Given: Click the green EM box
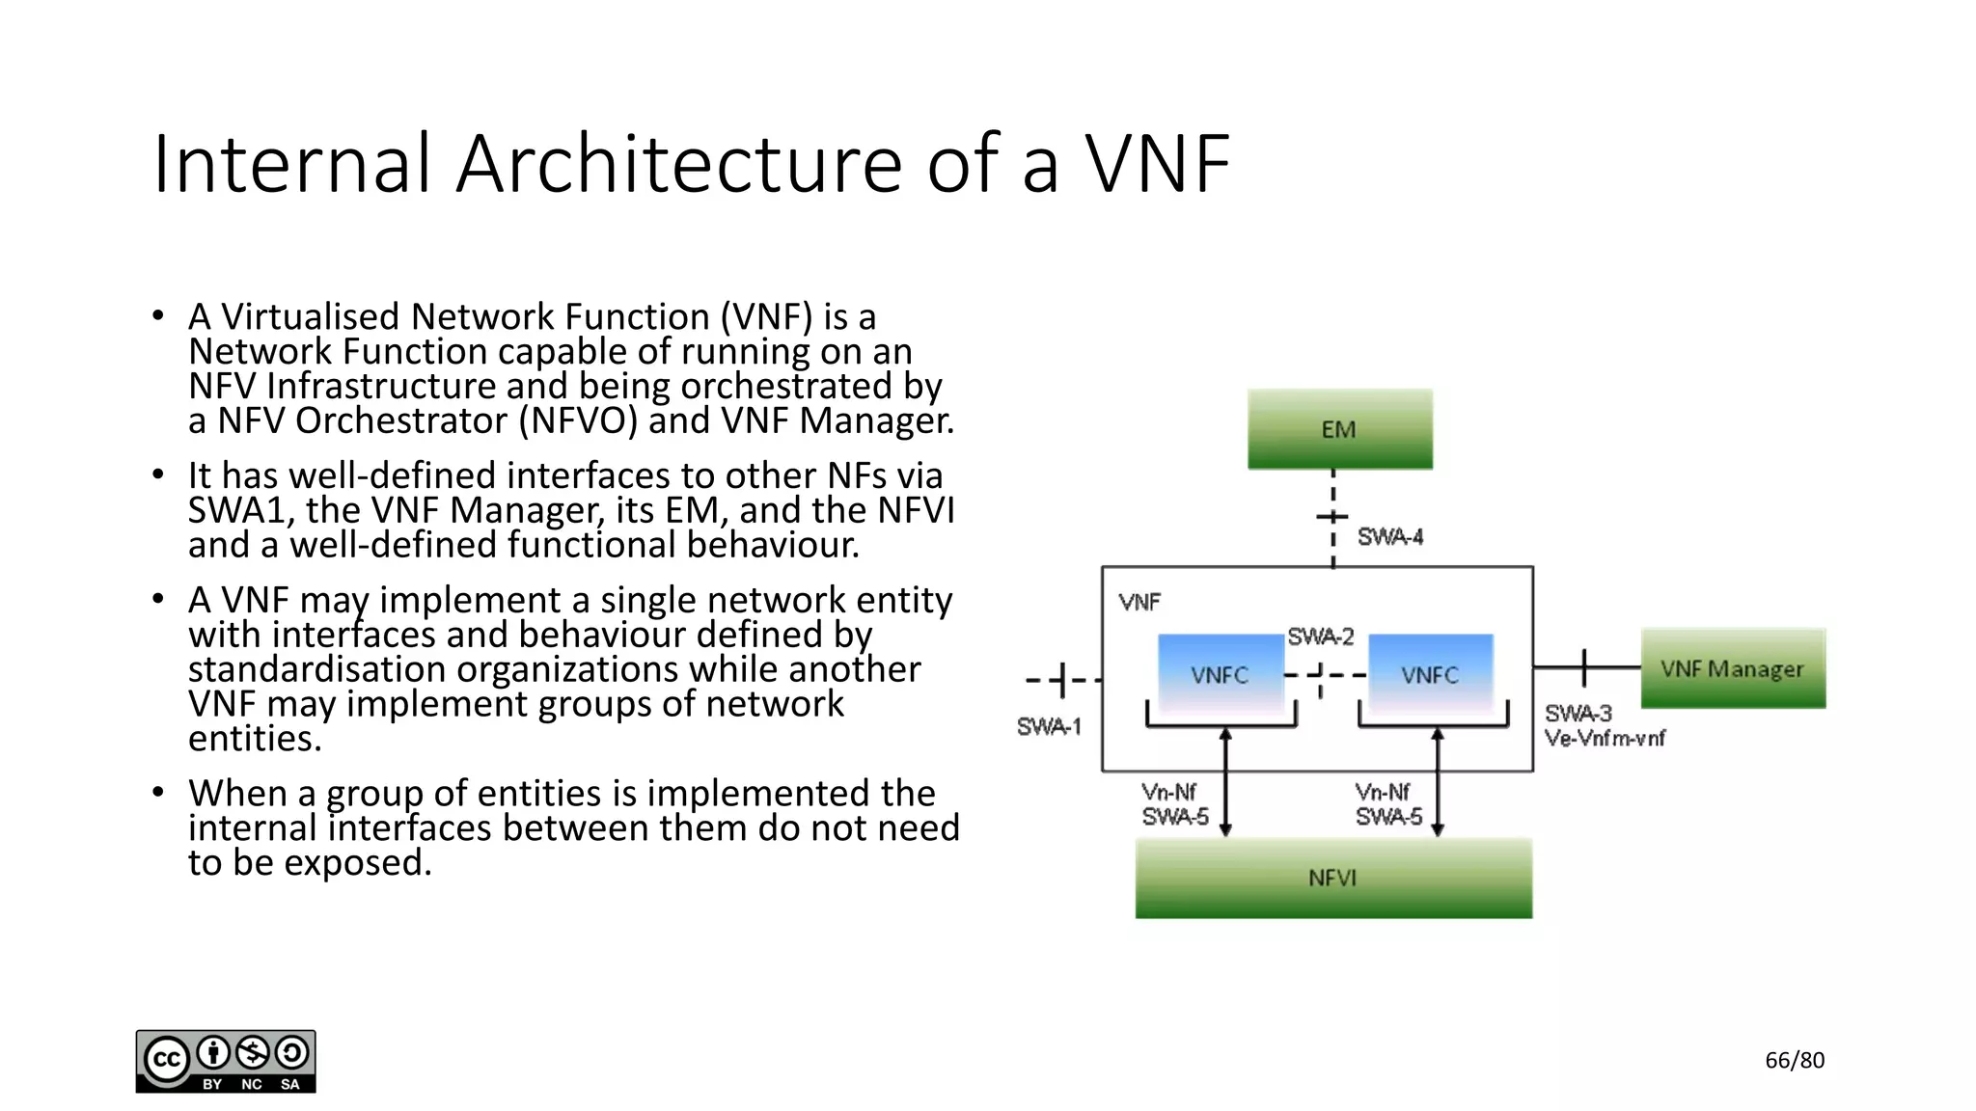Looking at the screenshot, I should pos(1339,429).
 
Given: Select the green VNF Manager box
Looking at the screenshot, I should pos(1733,668).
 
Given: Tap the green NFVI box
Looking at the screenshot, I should pos(1332,878).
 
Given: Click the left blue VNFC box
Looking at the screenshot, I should pos(1220,674).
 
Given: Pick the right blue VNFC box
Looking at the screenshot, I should pos(1430,674).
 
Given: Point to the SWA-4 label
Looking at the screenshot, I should pos(1389,537).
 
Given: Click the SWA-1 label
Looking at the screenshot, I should pos(1049,726).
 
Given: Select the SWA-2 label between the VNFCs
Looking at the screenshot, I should pos(1320,637).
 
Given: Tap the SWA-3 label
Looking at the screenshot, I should pos(1578,714).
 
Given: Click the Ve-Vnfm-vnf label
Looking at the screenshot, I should pos(1605,739).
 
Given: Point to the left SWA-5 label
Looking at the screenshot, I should pos(1175,817).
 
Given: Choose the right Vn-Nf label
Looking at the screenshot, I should pos(1382,792).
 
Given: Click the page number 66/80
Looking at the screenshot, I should pos(1795,1060).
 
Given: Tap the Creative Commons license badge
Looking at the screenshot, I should pos(226,1061).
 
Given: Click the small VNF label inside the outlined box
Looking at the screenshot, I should pos(1139,603).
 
